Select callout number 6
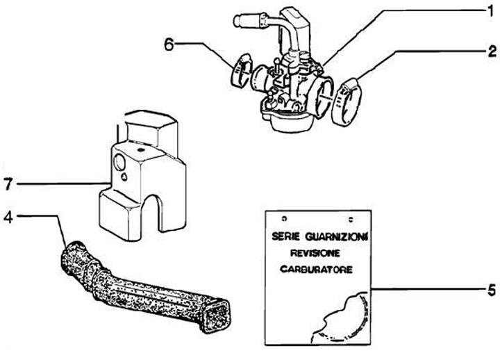click(x=169, y=44)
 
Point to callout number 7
click(x=8, y=184)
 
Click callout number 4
click(x=8, y=215)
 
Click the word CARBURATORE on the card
click(x=317, y=268)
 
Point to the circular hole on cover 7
click(x=119, y=163)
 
